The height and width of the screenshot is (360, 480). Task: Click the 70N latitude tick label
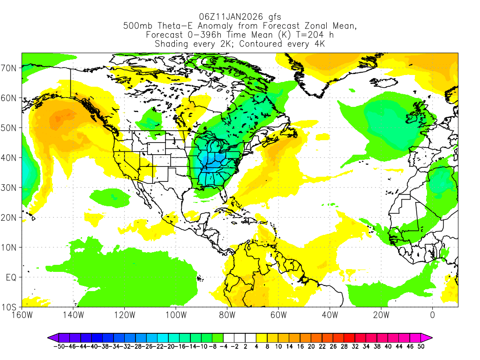pos(10,68)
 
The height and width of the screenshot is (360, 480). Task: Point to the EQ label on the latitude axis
pos(11,277)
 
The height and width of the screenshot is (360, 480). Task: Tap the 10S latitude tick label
pos(10,307)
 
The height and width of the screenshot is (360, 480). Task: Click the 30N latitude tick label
pos(10,187)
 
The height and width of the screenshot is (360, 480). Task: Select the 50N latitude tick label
pos(10,128)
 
